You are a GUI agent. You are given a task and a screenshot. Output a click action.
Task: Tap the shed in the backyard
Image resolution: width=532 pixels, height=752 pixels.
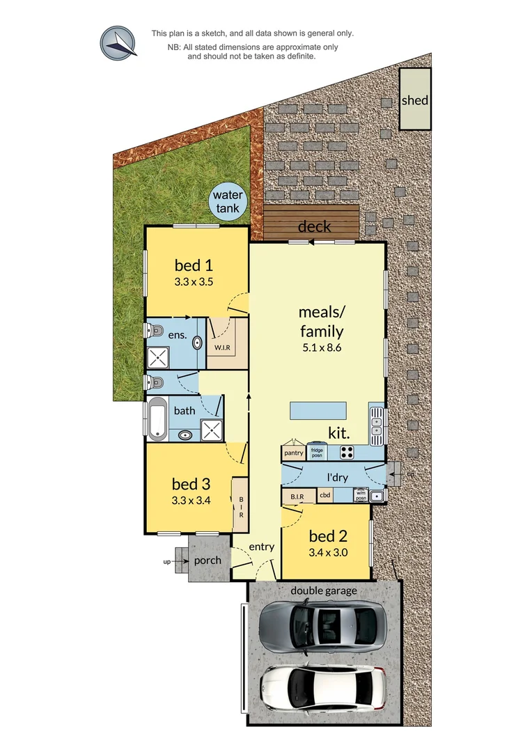point(415,100)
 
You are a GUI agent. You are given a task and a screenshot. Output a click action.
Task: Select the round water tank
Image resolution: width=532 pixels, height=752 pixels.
point(228,201)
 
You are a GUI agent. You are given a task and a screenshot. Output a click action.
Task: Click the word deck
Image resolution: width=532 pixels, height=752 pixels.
point(315,227)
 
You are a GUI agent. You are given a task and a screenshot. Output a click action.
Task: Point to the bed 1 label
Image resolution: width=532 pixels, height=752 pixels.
point(194,265)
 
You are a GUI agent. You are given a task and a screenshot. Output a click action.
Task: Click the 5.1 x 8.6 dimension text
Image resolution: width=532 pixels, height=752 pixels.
point(321,349)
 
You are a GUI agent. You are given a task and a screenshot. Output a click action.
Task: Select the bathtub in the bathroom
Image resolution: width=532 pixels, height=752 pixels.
point(157,419)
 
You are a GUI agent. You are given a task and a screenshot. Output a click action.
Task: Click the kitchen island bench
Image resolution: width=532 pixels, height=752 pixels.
point(318,409)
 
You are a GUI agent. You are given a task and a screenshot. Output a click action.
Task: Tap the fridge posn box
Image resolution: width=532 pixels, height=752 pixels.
point(317,453)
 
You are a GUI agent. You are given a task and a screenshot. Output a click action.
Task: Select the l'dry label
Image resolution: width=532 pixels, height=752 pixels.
point(338,478)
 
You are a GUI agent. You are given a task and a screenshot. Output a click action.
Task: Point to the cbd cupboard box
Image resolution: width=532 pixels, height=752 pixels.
point(325,496)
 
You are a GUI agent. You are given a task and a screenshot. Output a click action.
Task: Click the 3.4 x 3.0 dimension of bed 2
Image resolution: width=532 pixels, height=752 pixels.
point(328,553)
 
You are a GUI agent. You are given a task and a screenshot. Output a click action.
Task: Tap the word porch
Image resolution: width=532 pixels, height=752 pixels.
point(208,561)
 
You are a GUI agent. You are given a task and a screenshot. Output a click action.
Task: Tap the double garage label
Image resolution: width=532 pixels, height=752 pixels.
point(324,591)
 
